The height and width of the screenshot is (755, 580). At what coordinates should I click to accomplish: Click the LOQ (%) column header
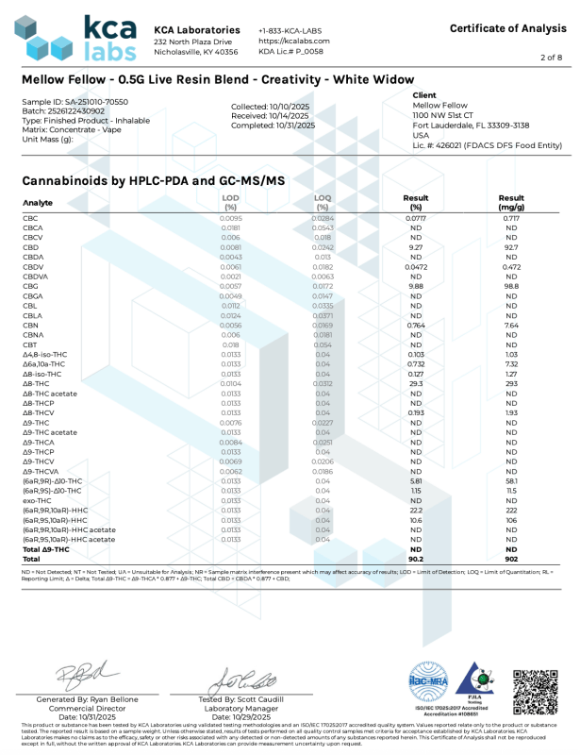[x=323, y=201]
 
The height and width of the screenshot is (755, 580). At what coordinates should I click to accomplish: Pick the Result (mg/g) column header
[x=511, y=201]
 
